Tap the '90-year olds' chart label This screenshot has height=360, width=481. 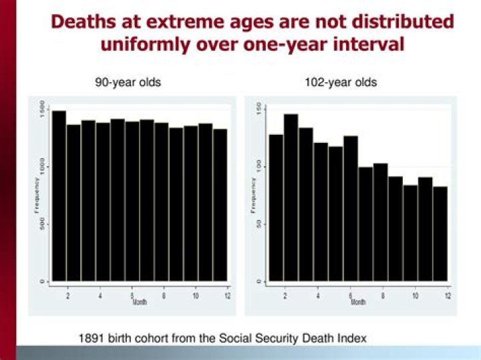[127, 83]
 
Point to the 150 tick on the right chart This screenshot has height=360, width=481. [258, 110]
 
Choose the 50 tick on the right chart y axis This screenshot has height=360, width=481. [258, 225]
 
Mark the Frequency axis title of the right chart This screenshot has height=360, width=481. [253, 194]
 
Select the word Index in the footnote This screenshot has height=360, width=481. [353, 338]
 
